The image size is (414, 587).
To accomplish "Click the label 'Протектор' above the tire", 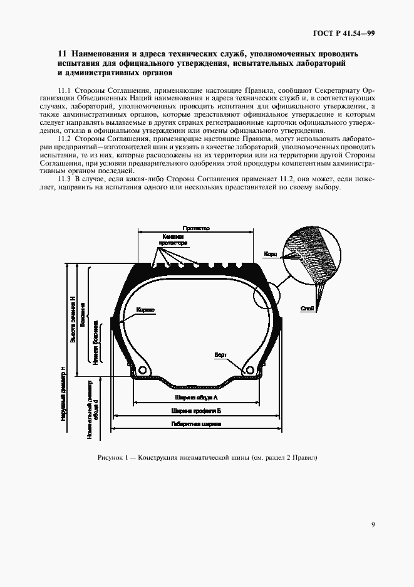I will coord(196,230).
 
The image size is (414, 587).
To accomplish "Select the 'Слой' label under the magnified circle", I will coord(307,308).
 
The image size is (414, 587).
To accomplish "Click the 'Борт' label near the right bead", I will coord(220,356).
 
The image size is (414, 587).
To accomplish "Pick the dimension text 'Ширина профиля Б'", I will coord(196,411).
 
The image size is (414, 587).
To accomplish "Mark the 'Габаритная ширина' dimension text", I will coord(196,424).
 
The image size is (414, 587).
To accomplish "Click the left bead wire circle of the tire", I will coord(142,371).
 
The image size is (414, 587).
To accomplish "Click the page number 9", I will coord(373,525).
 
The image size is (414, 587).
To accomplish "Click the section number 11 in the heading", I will coord(61,54).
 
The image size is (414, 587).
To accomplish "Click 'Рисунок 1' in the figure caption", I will coord(113,457).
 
